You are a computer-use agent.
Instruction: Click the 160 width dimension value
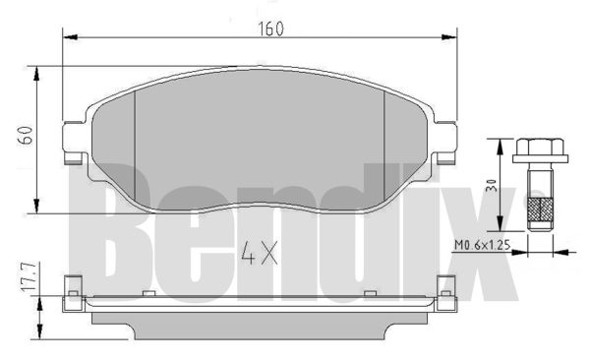(x=271, y=29)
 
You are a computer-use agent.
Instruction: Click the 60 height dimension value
(x=26, y=136)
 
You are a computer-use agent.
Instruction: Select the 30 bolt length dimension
(x=492, y=186)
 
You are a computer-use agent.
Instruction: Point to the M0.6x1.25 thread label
(x=482, y=245)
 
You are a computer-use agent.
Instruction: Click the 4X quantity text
(x=260, y=253)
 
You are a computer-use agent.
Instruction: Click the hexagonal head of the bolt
(x=540, y=147)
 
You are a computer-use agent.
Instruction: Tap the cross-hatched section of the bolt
(x=540, y=209)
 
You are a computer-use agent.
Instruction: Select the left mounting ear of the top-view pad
(x=74, y=143)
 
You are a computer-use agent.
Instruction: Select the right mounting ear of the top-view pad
(x=445, y=143)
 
